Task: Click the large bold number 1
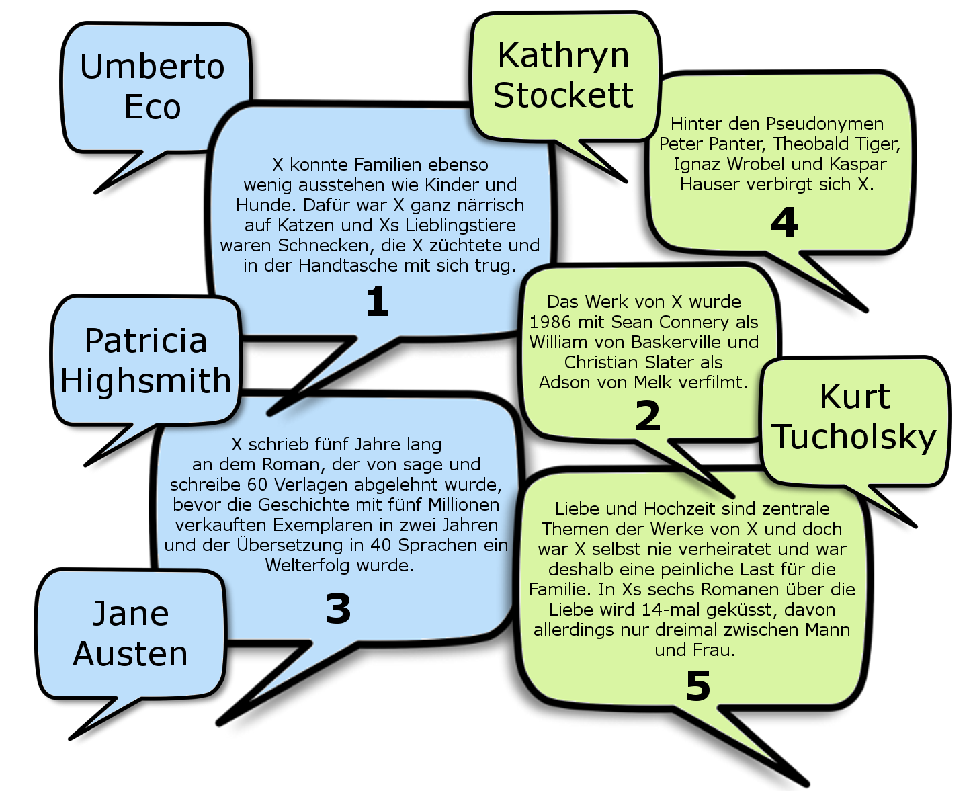377,302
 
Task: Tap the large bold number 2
648,416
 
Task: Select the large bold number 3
338,609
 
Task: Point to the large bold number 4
784,222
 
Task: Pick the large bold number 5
697,686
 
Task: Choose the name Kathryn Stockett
563,75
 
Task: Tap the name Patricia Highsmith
146,360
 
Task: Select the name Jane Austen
130,633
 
